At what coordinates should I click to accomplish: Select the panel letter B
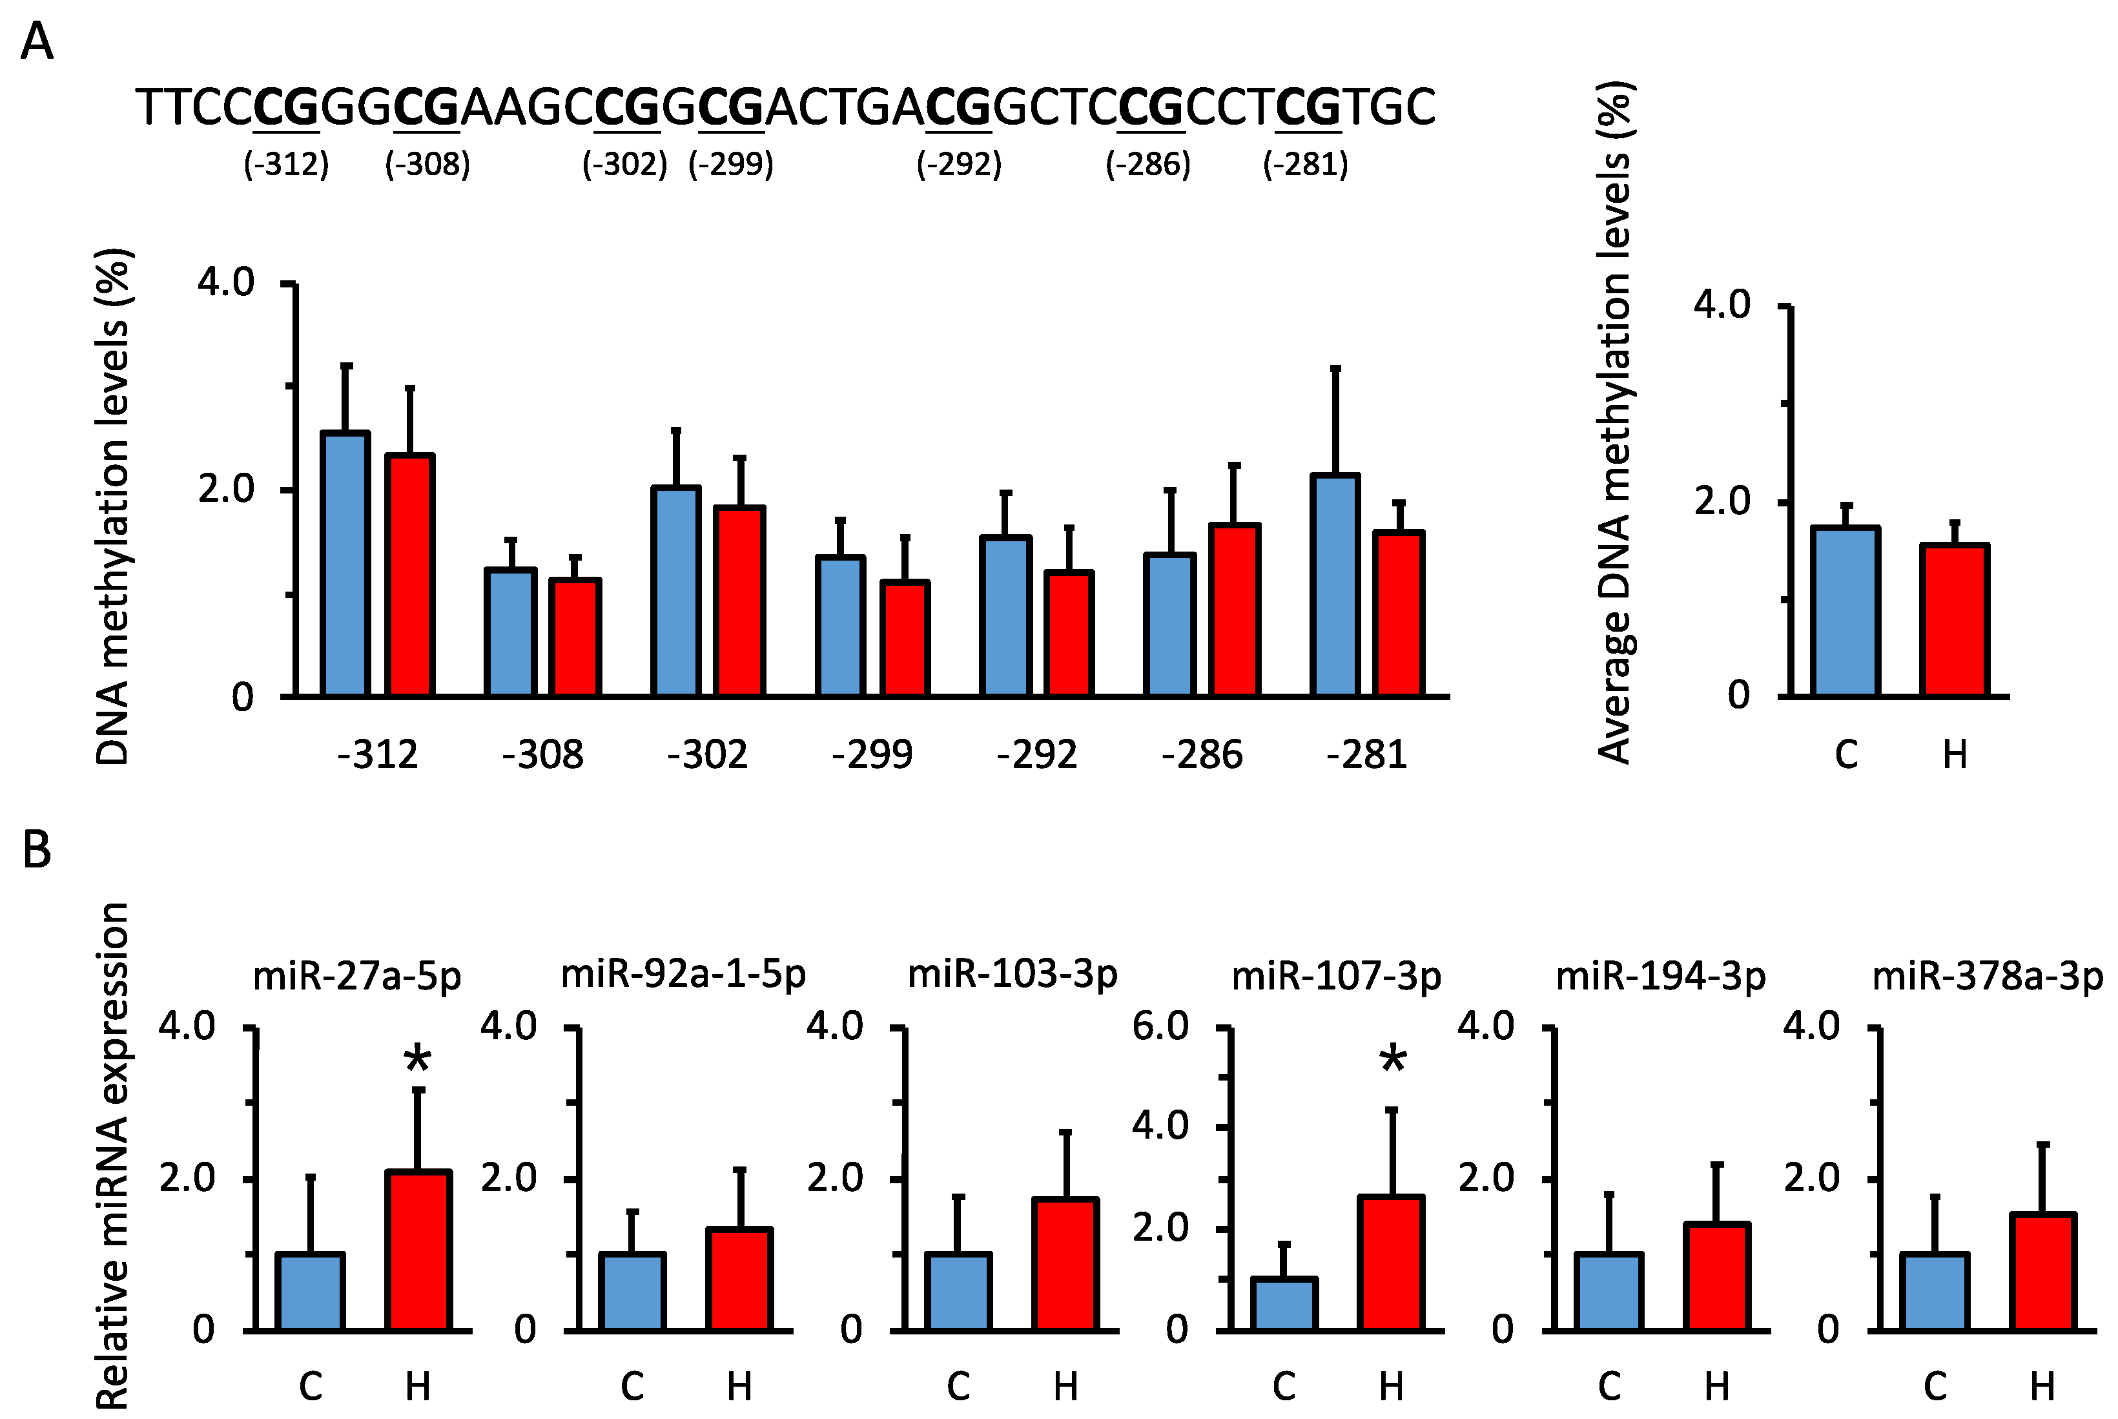tap(36, 851)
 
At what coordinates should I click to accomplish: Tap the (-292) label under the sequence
tap(959, 165)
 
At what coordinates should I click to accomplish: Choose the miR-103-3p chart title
tap(1013, 975)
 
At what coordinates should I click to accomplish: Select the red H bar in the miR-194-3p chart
tap(1716, 1277)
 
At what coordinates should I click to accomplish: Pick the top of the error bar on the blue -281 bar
tap(1335, 368)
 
